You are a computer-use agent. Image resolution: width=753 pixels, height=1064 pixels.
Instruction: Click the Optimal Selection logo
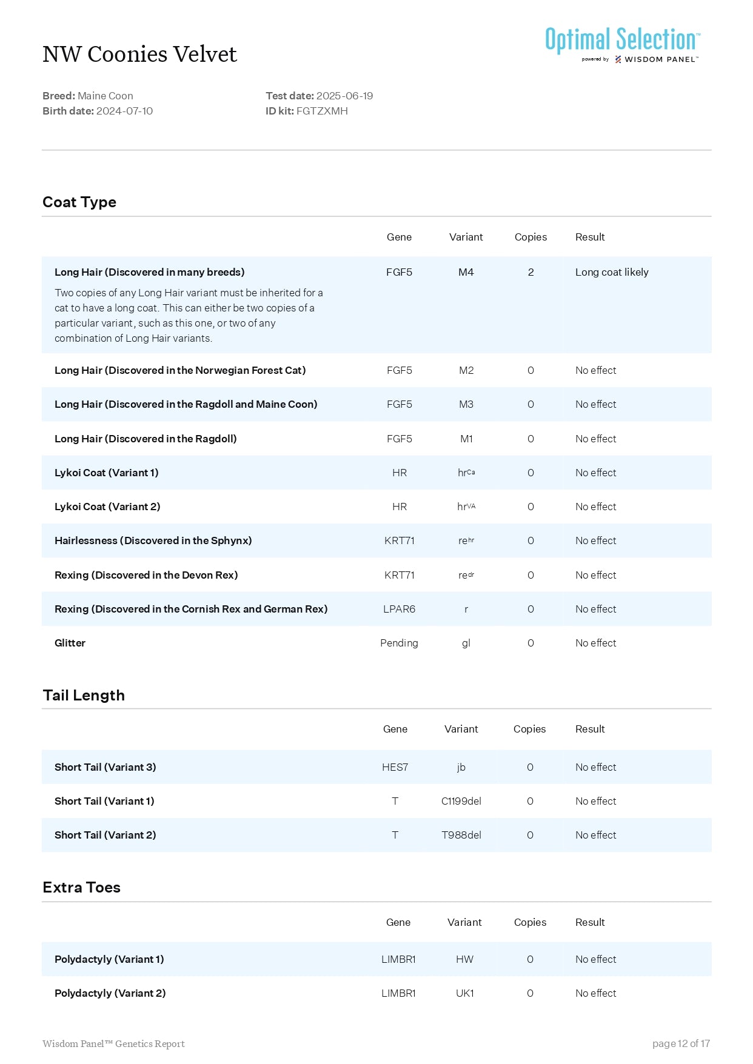623,44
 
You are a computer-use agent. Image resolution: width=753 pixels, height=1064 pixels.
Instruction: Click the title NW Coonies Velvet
139,55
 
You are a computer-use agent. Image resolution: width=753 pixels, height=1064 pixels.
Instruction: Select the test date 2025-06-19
344,96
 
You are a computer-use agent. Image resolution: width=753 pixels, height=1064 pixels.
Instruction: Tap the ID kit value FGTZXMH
322,111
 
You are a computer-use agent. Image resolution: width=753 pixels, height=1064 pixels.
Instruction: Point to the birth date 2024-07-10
124,111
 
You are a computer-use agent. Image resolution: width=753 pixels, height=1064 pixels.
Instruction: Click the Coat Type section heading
79,202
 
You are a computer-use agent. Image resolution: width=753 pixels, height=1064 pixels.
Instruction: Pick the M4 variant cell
466,272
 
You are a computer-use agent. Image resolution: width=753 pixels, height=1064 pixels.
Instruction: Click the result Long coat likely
611,272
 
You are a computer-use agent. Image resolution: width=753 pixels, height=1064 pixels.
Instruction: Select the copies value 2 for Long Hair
530,272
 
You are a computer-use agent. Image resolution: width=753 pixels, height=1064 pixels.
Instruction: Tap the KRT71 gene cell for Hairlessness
399,540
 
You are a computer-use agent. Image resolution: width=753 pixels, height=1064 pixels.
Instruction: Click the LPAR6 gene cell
399,609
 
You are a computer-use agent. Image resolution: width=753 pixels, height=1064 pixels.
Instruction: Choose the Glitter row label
70,643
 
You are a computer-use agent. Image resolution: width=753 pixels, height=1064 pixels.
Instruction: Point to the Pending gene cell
399,643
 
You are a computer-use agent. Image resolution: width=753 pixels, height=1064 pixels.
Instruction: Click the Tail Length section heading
84,696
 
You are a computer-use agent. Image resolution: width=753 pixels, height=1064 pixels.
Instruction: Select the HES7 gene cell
395,767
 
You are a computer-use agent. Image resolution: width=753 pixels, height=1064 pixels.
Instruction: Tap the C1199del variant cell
461,801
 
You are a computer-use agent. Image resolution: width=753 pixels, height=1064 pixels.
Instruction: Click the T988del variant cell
461,835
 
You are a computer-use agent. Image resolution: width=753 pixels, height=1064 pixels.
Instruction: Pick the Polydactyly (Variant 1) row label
109,959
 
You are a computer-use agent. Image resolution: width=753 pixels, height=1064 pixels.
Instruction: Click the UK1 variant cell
464,993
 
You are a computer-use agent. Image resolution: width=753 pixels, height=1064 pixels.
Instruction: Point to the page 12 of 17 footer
681,1043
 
